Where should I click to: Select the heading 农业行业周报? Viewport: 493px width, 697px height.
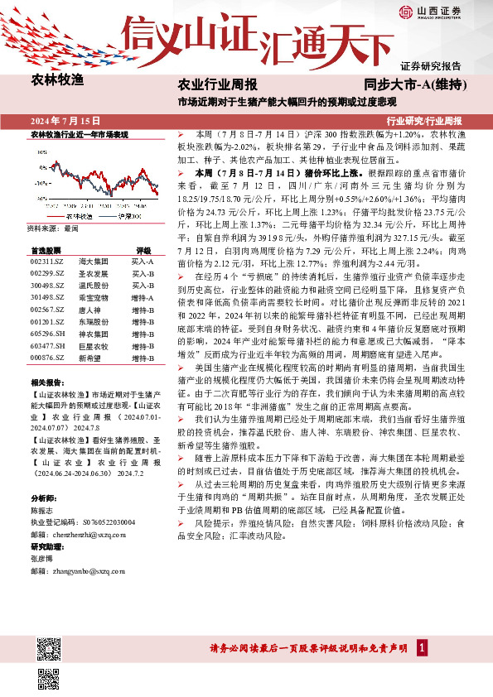tap(218, 85)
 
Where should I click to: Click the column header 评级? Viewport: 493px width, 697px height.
tap(143, 249)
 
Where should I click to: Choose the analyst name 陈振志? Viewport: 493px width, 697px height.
tap(42, 511)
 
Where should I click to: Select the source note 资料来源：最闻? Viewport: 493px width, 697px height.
tap(53, 227)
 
